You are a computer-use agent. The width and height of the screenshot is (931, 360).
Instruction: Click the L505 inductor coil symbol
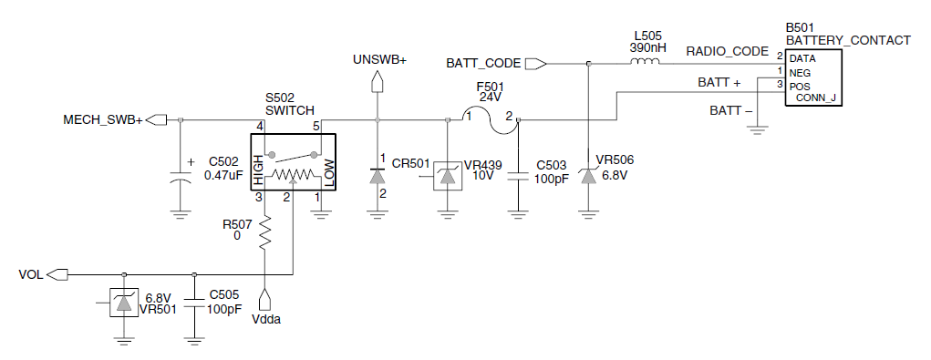644,62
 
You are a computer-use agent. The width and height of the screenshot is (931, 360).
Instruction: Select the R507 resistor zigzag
264,232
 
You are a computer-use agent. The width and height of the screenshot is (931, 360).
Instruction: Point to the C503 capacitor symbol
518,176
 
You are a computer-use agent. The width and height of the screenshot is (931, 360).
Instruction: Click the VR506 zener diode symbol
588,174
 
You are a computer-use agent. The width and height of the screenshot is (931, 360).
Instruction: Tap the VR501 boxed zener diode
123,303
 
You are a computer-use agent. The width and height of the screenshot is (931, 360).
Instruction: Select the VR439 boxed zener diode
448,176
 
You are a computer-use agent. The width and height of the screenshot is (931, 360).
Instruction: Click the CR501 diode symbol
377,176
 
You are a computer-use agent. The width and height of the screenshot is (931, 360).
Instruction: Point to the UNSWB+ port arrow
377,82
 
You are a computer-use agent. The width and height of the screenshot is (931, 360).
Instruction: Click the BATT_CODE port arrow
536,63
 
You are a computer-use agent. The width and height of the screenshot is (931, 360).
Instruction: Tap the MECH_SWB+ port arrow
156,119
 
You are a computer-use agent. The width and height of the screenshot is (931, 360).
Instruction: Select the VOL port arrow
57,274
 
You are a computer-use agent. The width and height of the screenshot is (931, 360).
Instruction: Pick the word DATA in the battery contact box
802,58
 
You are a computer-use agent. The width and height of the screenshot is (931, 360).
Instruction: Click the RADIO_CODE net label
728,51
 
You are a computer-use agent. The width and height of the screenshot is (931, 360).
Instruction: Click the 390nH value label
644,48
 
